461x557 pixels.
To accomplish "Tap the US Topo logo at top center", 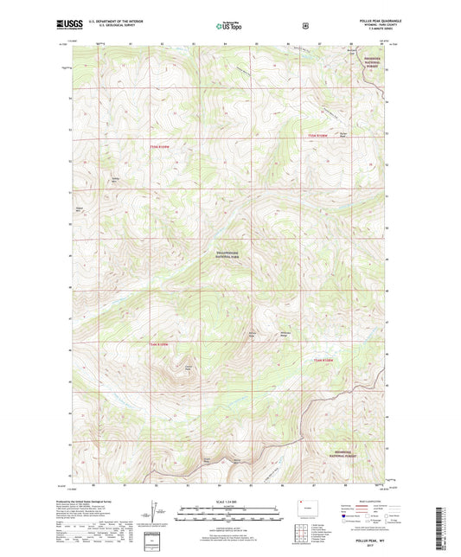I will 230,26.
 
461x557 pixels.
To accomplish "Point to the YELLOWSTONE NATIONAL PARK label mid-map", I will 230,254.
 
